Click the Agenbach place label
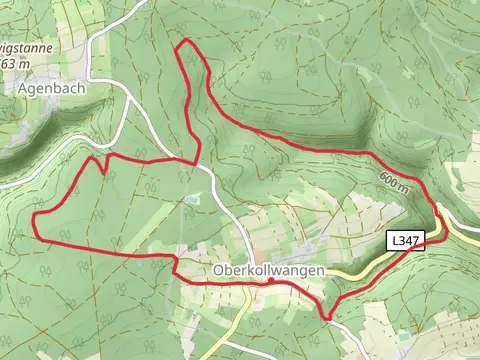point(50,88)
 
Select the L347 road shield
point(406,241)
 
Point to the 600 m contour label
point(394,182)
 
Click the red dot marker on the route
point(270,281)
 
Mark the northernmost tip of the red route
point(183,42)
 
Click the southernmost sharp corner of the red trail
point(328,319)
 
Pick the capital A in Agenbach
point(23,88)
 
